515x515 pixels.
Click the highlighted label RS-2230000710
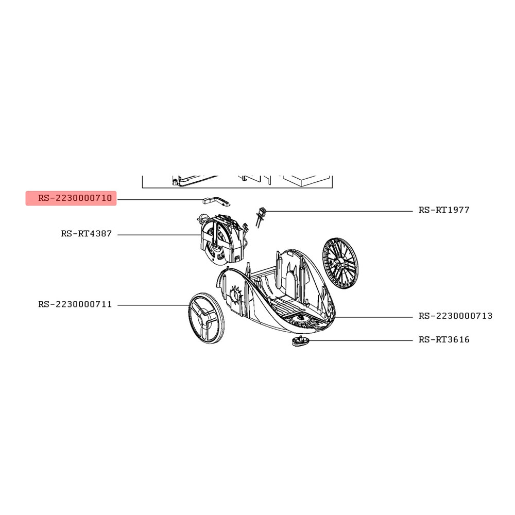[75, 198]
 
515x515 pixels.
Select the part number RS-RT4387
[87, 233]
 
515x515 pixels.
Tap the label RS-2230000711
[75, 304]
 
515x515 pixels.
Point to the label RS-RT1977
[444, 210]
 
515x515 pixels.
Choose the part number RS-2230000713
[455, 316]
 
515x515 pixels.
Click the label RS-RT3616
[444, 339]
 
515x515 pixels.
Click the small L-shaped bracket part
[216, 201]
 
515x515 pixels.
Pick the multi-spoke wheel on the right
[340, 265]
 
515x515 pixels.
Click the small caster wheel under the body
[300, 341]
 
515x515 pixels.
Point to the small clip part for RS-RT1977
[260, 217]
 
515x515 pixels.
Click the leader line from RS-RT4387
[159, 235]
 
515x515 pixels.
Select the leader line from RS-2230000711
[153, 305]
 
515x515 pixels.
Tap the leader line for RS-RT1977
[339, 211]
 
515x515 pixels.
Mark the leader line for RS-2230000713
[374, 317]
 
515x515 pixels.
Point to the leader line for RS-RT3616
[360, 340]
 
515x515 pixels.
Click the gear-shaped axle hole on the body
[236, 295]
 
